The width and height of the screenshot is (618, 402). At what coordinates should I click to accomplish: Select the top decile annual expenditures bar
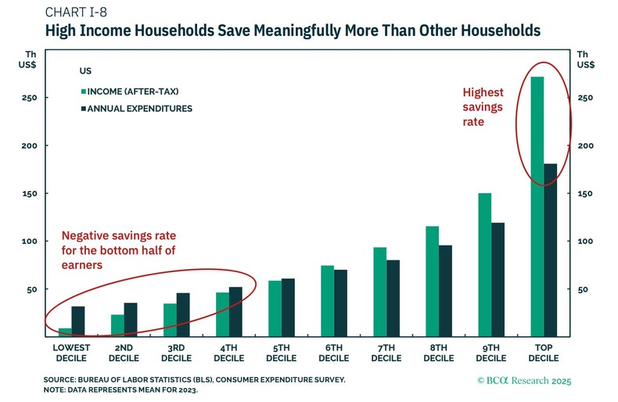click(x=550, y=249)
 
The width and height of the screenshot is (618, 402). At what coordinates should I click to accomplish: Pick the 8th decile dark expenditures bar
click(x=445, y=290)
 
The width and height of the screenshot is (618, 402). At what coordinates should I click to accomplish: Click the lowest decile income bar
click(x=65, y=332)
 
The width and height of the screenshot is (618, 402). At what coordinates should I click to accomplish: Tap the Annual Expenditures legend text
click(x=142, y=108)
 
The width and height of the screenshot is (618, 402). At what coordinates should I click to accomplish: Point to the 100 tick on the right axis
click(x=584, y=242)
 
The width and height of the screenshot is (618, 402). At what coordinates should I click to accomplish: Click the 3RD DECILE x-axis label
click(x=176, y=353)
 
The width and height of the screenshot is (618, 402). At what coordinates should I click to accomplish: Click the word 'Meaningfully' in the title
click(x=268, y=32)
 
